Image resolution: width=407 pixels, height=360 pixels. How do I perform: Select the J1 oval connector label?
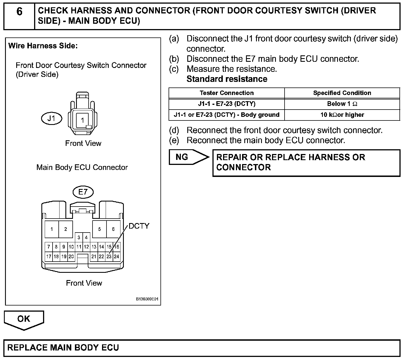51,119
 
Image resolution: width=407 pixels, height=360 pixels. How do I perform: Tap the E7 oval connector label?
83,192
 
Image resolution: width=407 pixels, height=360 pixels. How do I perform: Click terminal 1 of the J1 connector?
82,120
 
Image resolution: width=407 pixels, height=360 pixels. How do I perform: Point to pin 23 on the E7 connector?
109,257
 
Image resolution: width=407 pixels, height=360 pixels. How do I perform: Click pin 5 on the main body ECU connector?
100,229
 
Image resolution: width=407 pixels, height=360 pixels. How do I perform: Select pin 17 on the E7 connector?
49,257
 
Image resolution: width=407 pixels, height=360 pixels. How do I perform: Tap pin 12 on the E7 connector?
86,247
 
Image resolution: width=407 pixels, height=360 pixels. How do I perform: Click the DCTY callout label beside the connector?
139,226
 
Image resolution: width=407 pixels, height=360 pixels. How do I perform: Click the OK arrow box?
24,319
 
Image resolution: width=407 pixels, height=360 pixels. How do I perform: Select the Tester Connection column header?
227,93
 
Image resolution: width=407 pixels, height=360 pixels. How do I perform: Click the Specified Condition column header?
342,93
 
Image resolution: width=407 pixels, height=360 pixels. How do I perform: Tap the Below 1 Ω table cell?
342,104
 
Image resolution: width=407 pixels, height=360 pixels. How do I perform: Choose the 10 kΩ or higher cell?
342,115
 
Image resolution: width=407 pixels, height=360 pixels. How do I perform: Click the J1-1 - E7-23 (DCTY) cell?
227,104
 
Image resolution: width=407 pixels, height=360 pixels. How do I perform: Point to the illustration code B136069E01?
147,299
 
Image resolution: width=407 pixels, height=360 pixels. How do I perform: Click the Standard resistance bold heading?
227,79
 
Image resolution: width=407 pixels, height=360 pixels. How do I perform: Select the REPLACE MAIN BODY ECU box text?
63,348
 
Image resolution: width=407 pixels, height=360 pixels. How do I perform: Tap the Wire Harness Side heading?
43,46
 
